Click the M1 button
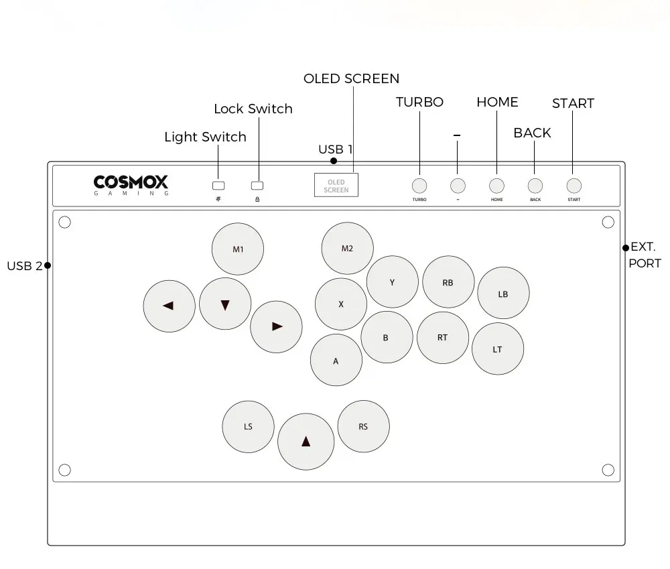click(x=238, y=249)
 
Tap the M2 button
click(x=347, y=248)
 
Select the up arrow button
click(x=306, y=442)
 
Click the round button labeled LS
click(x=249, y=427)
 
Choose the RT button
click(x=443, y=338)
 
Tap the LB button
click(x=503, y=294)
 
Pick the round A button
click(x=336, y=360)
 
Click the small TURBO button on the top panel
click(x=419, y=186)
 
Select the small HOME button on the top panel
click(x=496, y=186)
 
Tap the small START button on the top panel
click(x=574, y=186)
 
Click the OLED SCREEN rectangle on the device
click(x=336, y=185)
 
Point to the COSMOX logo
click(x=131, y=185)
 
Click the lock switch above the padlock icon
click(x=257, y=186)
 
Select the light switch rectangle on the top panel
click(x=218, y=186)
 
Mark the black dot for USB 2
click(x=48, y=265)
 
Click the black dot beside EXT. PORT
click(x=626, y=248)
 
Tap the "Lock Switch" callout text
click(x=253, y=109)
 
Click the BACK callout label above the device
click(x=533, y=133)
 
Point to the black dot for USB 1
click(x=334, y=161)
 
